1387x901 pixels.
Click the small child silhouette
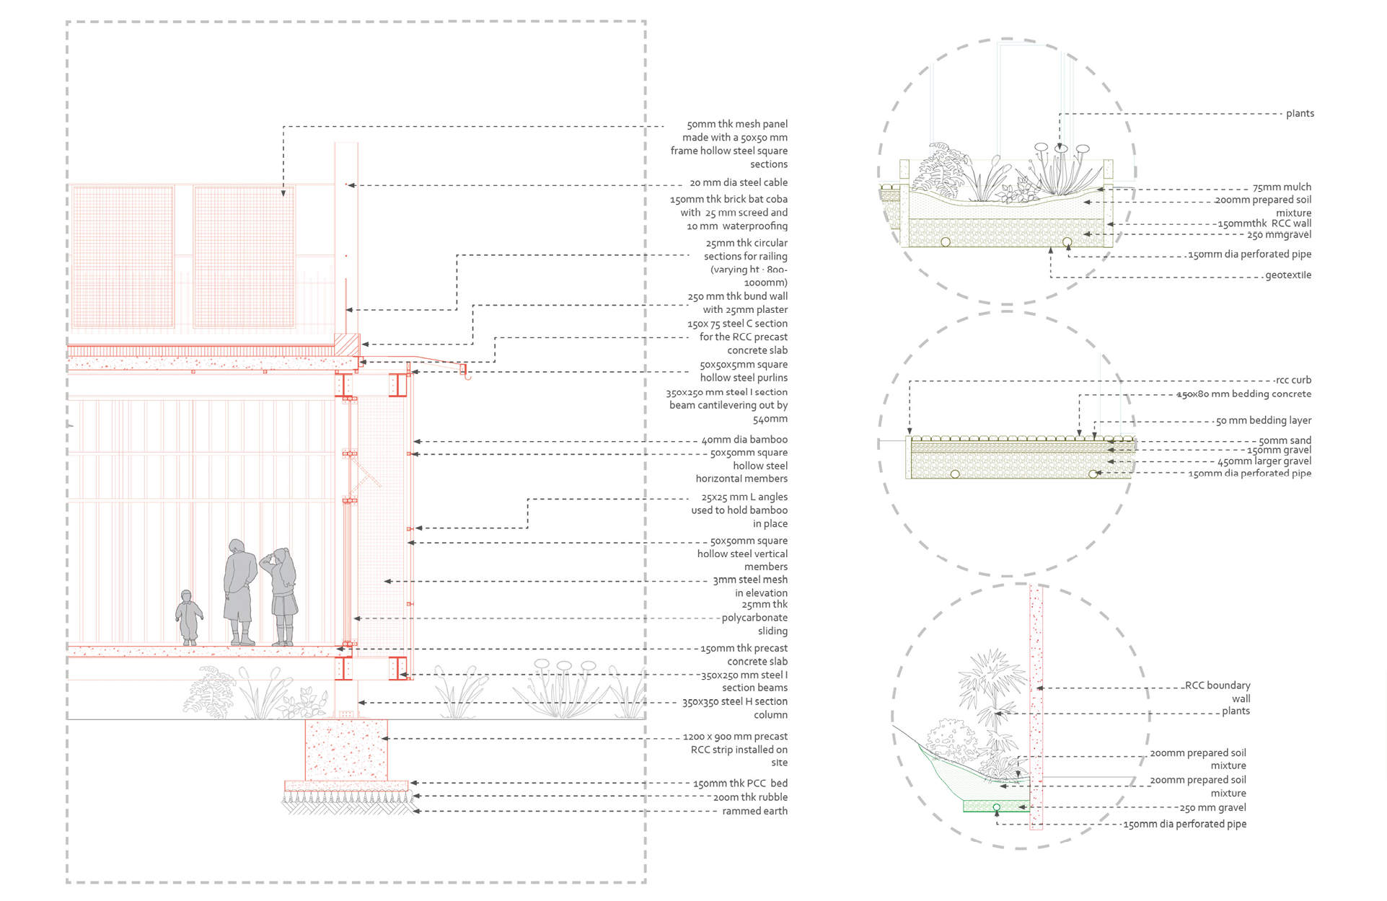tap(189, 617)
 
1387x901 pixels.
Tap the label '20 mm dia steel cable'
tap(738, 183)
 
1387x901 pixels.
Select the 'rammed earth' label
tap(754, 812)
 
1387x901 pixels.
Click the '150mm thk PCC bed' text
tap(740, 784)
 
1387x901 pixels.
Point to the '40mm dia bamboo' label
tap(744, 440)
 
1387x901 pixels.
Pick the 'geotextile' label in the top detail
tap(1288, 275)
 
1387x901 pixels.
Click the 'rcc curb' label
tap(1293, 381)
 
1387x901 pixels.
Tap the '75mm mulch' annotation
tap(1282, 187)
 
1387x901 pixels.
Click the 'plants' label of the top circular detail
tap(1300, 114)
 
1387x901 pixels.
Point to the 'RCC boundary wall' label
tap(1218, 692)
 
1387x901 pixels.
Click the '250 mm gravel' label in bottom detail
tap(1213, 808)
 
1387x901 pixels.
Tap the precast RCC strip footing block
tap(346, 750)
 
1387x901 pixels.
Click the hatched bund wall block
tap(347, 344)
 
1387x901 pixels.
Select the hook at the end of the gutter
tap(467, 375)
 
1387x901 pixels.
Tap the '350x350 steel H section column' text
tap(735, 709)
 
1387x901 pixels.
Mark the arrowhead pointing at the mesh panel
tap(283, 192)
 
